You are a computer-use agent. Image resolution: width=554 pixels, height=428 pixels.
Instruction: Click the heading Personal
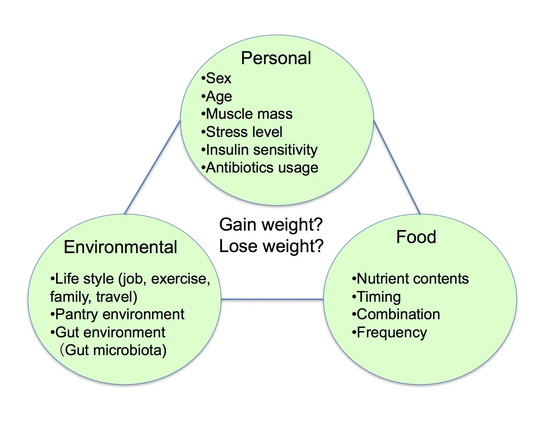[x=276, y=58]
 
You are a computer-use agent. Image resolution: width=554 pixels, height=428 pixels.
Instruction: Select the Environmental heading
[x=120, y=247]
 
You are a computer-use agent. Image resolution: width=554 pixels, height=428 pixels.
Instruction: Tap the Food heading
[x=416, y=237]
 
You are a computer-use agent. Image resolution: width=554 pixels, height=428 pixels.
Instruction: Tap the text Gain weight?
[x=271, y=224]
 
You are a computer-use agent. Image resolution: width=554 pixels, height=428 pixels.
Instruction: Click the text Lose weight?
[x=271, y=246]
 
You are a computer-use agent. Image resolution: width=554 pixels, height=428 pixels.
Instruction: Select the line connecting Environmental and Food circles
[x=272, y=299]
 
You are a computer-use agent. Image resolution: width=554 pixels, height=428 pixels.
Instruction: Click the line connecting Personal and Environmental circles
[x=152, y=168]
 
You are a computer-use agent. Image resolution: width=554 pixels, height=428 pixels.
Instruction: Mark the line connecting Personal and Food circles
[x=397, y=167]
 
